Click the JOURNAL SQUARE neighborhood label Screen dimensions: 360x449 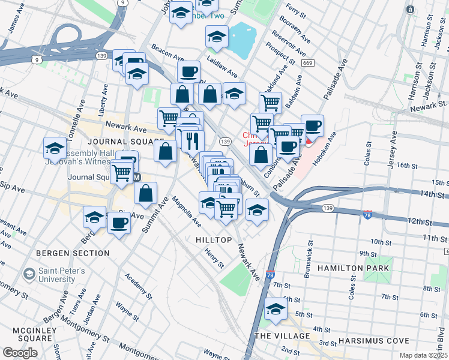click(118, 141)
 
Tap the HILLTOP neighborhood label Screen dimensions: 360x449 click(214, 239)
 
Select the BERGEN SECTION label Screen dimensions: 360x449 click(73, 253)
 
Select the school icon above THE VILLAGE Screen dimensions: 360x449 click(276, 309)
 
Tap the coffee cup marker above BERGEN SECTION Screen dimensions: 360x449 click(118, 223)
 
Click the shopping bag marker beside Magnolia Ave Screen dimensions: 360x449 click(145, 194)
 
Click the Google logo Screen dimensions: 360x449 click(20, 353)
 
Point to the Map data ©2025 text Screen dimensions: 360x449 click(423, 355)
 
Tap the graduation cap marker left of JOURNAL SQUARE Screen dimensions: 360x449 click(55, 148)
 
